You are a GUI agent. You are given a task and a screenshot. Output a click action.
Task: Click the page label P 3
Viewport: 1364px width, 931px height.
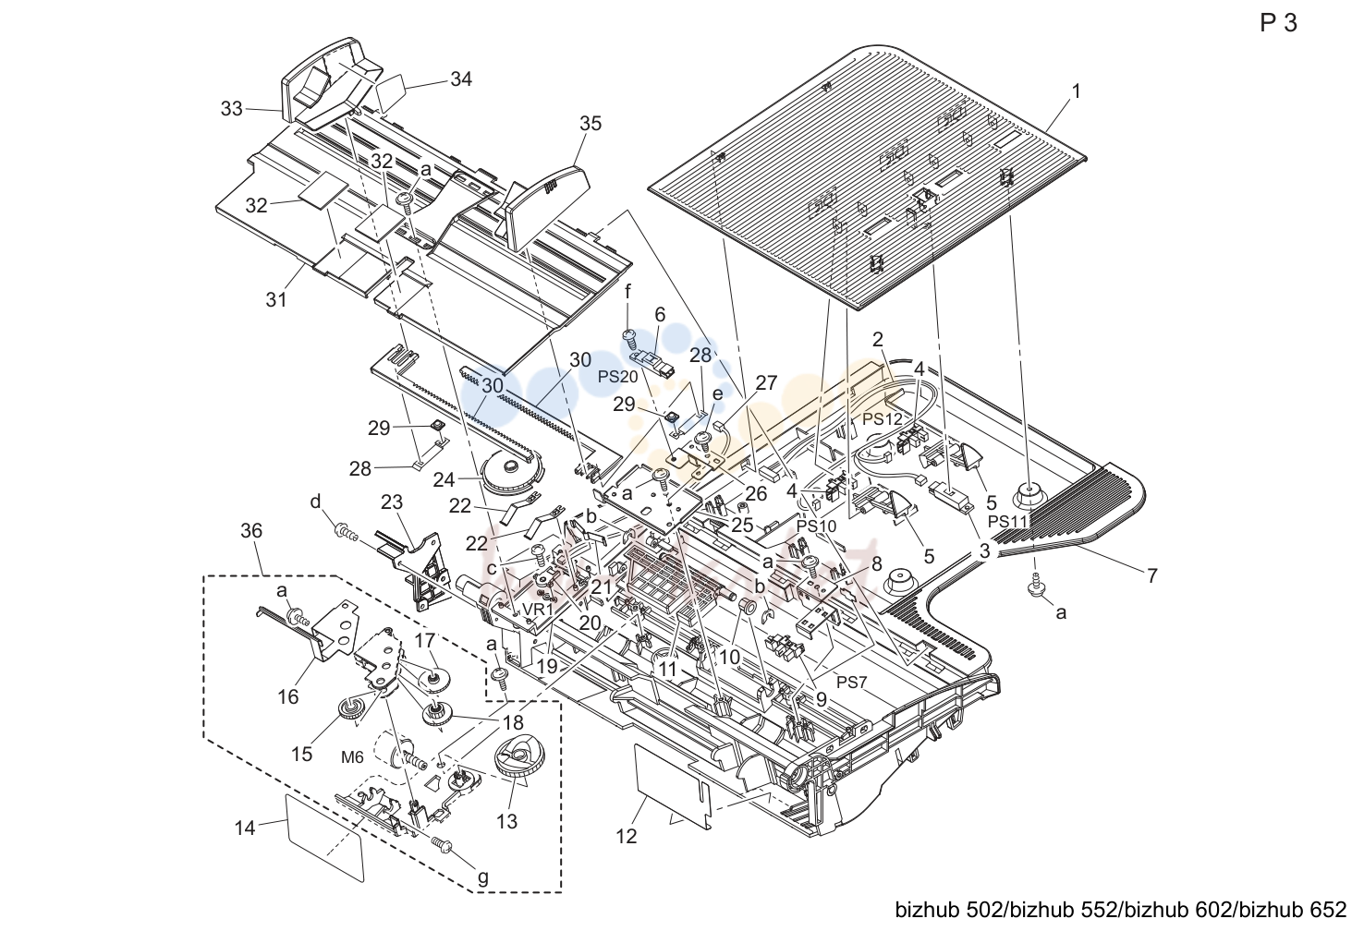1278,23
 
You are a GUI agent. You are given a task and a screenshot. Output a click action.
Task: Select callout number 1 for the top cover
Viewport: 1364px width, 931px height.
1076,91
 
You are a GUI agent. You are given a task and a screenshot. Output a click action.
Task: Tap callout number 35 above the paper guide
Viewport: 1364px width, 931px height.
591,124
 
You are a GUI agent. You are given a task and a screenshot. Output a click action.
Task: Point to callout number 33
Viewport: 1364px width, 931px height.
231,109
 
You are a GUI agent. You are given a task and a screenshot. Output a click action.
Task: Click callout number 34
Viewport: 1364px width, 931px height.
461,79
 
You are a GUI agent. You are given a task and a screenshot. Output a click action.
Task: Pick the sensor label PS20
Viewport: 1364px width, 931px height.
617,377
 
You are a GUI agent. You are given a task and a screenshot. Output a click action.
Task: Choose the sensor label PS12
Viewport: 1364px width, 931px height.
883,419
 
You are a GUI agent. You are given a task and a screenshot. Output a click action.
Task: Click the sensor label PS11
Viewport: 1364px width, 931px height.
1008,521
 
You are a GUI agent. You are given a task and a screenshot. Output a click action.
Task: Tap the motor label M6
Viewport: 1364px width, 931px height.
352,757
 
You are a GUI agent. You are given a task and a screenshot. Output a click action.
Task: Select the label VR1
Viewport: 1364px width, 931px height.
537,609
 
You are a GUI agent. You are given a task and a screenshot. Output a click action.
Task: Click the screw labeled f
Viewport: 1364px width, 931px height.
629,338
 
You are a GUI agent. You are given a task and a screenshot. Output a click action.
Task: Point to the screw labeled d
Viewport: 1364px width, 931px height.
347,536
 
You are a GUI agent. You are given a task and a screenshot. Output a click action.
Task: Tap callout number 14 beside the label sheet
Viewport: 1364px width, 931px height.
245,828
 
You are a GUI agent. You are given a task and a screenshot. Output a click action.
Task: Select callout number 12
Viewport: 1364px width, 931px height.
626,836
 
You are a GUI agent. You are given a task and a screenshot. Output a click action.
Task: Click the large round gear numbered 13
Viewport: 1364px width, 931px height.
515,757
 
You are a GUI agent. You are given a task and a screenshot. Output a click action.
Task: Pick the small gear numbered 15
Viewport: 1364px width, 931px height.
349,709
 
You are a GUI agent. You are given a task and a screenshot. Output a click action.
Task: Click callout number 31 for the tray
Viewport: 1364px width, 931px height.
275,299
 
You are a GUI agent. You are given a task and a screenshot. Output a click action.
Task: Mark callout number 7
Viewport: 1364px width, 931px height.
1151,575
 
